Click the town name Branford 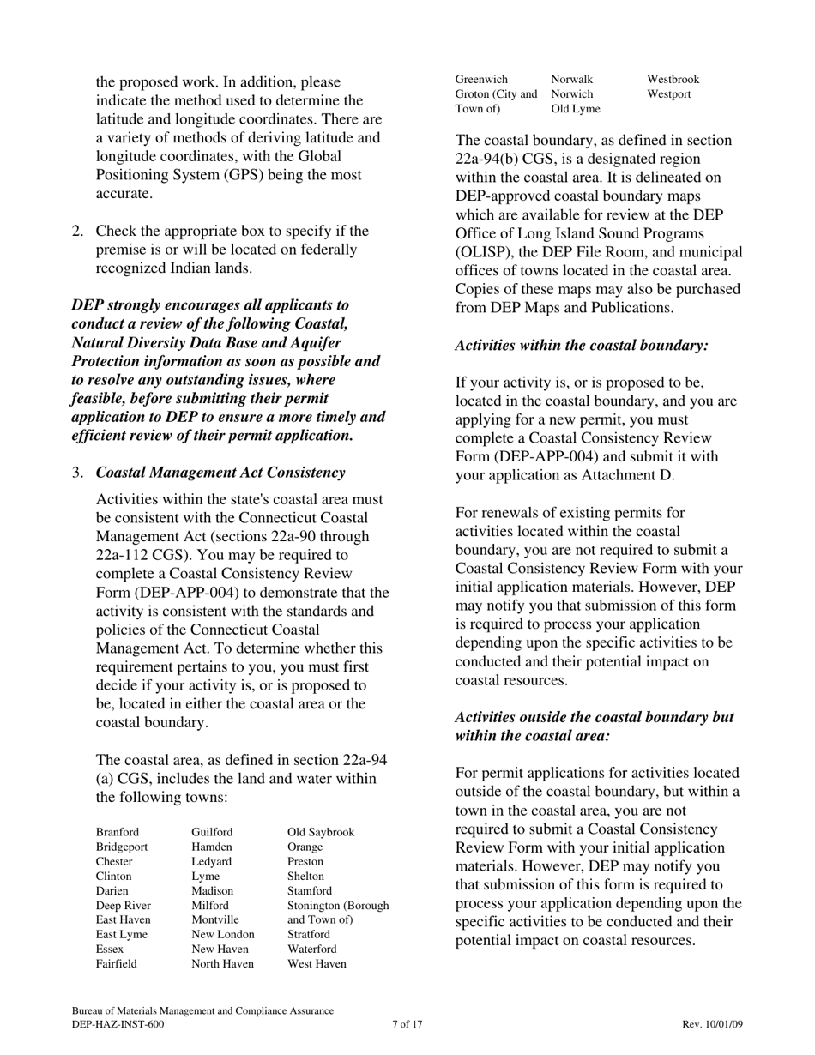click(x=117, y=833)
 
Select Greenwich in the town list click(x=481, y=79)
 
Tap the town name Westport click(x=668, y=94)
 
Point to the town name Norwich click(x=572, y=94)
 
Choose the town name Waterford click(x=311, y=949)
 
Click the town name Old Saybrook click(x=320, y=833)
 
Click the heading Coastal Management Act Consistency click(x=220, y=473)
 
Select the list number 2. click(x=77, y=232)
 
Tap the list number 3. click(x=77, y=473)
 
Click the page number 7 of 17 click(x=407, y=1024)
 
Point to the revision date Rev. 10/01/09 click(x=712, y=1024)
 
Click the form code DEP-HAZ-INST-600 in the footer click(x=118, y=1024)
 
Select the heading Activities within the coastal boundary click(x=582, y=345)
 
